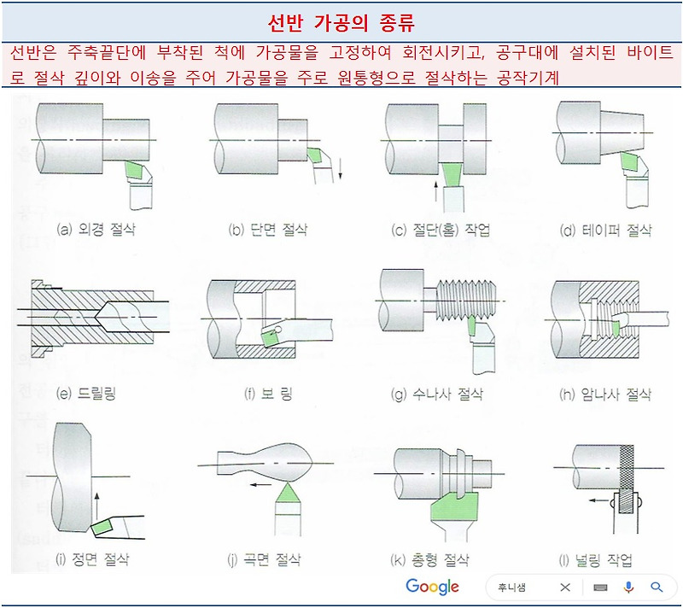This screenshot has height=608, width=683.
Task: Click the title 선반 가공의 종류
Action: [x=341, y=20]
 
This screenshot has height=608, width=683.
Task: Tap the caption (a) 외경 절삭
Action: [x=95, y=231]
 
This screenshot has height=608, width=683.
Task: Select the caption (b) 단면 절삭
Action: [x=267, y=231]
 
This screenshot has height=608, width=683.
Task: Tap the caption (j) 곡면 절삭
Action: [x=264, y=561]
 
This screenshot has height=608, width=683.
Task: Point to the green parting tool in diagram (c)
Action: [x=453, y=178]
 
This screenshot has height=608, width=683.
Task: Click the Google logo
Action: [x=432, y=588]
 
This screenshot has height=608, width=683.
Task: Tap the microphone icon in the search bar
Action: [x=629, y=588]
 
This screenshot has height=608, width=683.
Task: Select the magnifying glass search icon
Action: [x=657, y=588]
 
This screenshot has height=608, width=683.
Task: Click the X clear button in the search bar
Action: [x=565, y=588]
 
